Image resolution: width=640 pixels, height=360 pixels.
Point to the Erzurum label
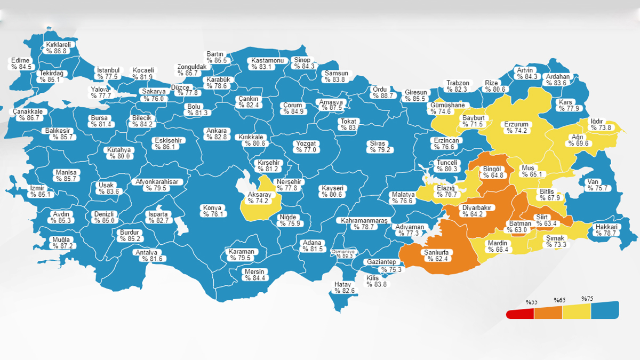tap(516, 127)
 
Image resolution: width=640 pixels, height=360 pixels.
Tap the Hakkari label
tap(606, 230)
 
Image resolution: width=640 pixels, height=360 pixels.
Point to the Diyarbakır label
tap(476, 211)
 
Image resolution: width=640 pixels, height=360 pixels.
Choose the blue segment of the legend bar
tap(605, 310)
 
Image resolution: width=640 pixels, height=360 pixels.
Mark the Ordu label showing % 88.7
tap(382, 93)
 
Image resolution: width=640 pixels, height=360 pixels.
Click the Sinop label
tap(304, 63)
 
